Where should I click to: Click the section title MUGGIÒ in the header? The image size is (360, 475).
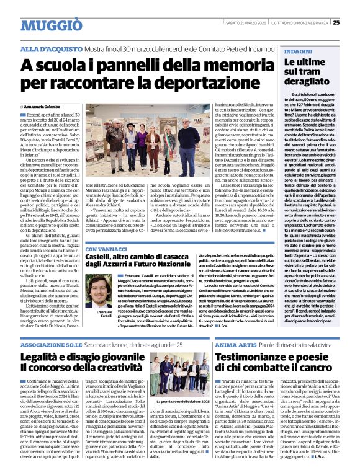51,25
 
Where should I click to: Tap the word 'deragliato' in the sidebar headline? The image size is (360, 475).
308,81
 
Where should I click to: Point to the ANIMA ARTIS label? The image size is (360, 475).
234,344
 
